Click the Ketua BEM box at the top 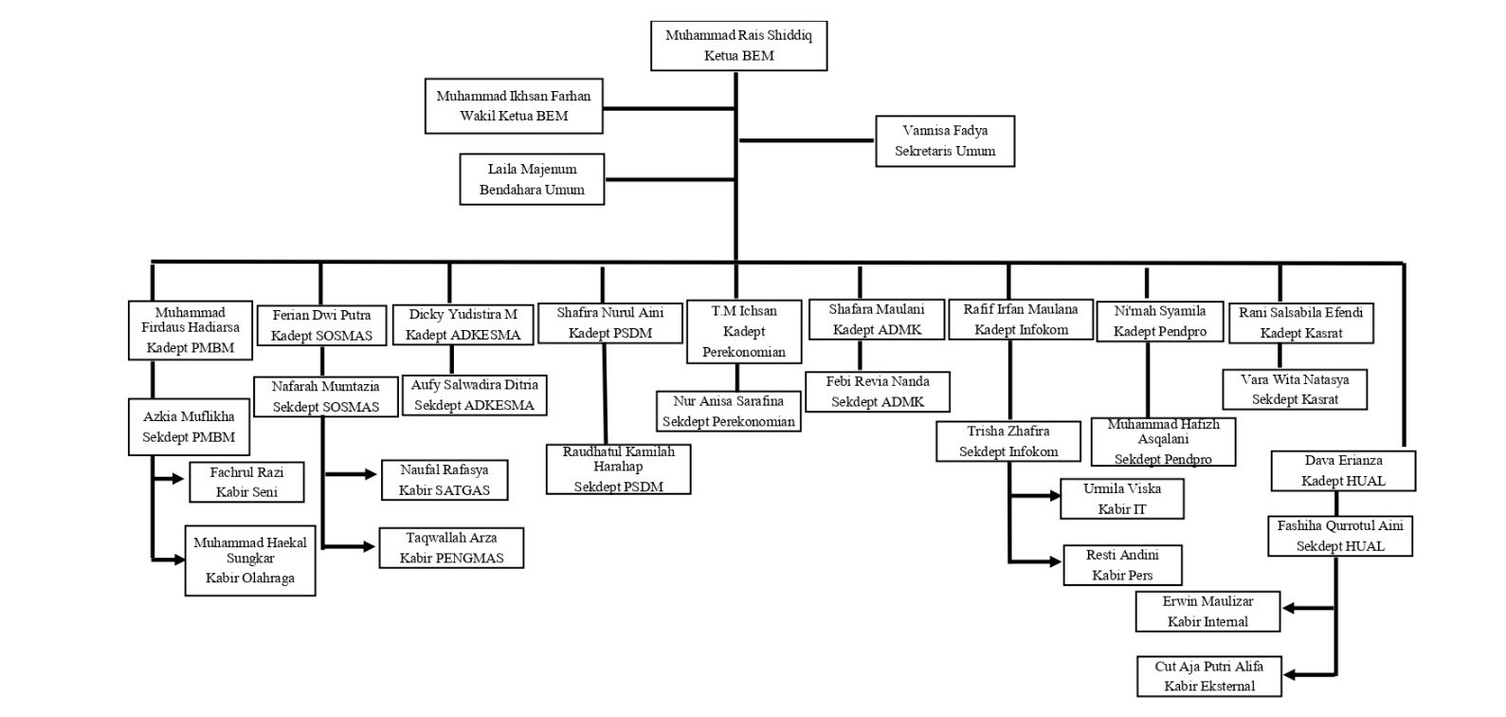pyautogui.click(x=738, y=46)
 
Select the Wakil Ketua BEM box pyautogui.click(x=514, y=105)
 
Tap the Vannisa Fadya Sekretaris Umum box pyautogui.click(x=945, y=140)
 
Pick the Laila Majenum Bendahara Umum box pyautogui.click(x=532, y=179)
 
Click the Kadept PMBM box pyautogui.click(x=191, y=330)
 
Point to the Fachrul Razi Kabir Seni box pyautogui.click(x=246, y=482)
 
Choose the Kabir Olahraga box pyautogui.click(x=250, y=560)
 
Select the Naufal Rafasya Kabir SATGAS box pyautogui.click(x=444, y=480)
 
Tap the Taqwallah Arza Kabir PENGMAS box pyautogui.click(x=451, y=547)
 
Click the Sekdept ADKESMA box pyautogui.click(x=474, y=395)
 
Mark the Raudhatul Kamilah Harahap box pyautogui.click(x=618, y=469)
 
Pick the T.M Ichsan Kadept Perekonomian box pyautogui.click(x=744, y=331)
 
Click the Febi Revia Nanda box pyautogui.click(x=878, y=392)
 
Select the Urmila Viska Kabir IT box pyautogui.click(x=1122, y=499)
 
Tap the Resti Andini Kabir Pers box pyautogui.click(x=1122, y=564)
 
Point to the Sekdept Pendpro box pyautogui.click(x=1163, y=442)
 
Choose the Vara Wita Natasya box pyautogui.click(x=1295, y=390)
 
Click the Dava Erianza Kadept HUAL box pyautogui.click(x=1343, y=470)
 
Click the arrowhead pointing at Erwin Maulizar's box pyautogui.click(x=1290, y=609)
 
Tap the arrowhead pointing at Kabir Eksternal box pyautogui.click(x=1291, y=675)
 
